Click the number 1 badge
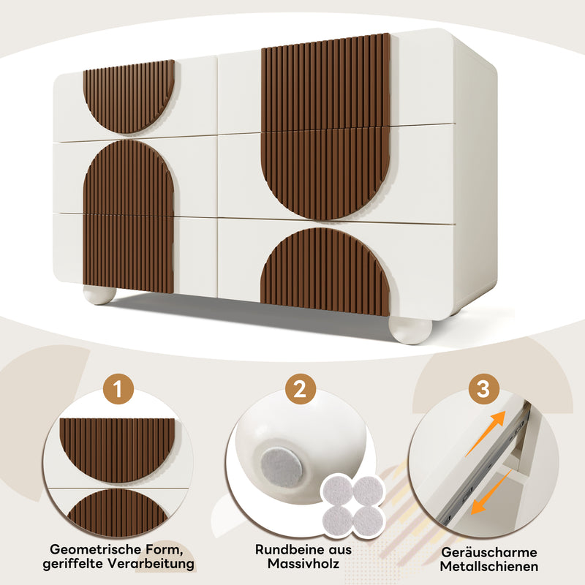pos(118,388)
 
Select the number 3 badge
pos(483,388)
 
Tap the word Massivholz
pos(303,565)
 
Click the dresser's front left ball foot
pos(99,295)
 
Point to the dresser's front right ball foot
pos(410,329)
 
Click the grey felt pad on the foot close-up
pos(281,466)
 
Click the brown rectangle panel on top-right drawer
pos(325,80)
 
